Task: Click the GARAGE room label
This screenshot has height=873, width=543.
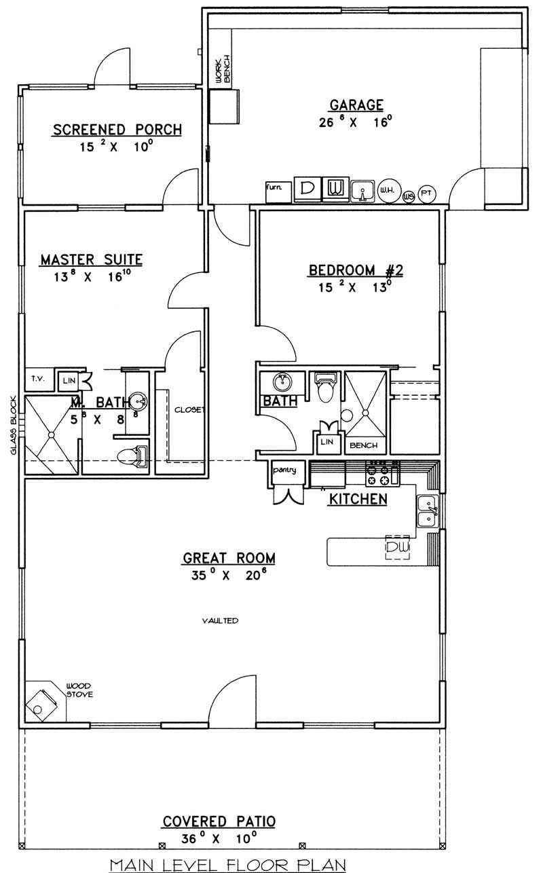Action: click(356, 105)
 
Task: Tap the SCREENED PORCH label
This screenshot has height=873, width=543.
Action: click(117, 129)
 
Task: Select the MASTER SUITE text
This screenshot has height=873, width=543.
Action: click(91, 259)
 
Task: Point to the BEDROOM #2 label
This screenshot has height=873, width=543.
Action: click(356, 270)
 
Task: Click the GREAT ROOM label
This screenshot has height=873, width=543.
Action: click(229, 558)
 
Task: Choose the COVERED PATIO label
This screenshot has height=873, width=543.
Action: click(219, 821)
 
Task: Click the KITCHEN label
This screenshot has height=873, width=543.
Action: click(358, 500)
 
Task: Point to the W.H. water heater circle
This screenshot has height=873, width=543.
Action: click(387, 191)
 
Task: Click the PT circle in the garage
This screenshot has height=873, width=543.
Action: click(428, 193)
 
